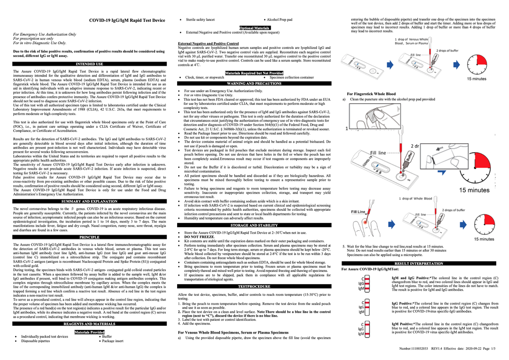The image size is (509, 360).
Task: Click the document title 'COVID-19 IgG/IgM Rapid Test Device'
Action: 127,20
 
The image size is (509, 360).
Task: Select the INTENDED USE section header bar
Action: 90,64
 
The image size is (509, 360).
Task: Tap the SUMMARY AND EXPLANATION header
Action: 90,202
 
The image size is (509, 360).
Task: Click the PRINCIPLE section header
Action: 90,237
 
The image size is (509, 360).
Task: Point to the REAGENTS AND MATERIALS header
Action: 90,323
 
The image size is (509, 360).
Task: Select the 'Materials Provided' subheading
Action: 90,332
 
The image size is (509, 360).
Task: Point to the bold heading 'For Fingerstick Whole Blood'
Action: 371,94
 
